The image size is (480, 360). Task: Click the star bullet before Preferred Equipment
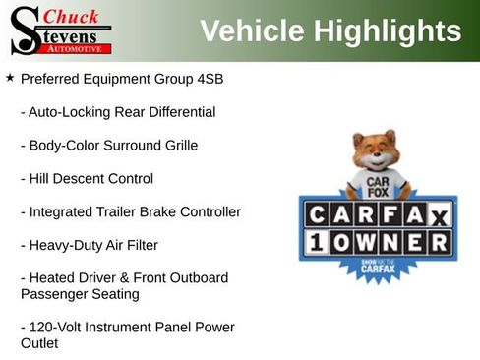point(10,77)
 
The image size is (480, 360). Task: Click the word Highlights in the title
point(391,30)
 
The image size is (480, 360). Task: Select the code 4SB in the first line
point(209,78)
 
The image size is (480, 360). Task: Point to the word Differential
point(179,112)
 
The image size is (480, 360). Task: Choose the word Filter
point(138,245)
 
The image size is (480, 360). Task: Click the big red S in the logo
point(24,30)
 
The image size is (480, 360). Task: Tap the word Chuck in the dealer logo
point(72,15)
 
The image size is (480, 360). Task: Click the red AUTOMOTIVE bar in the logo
point(76,48)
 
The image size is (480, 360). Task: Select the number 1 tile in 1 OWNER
point(316,242)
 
